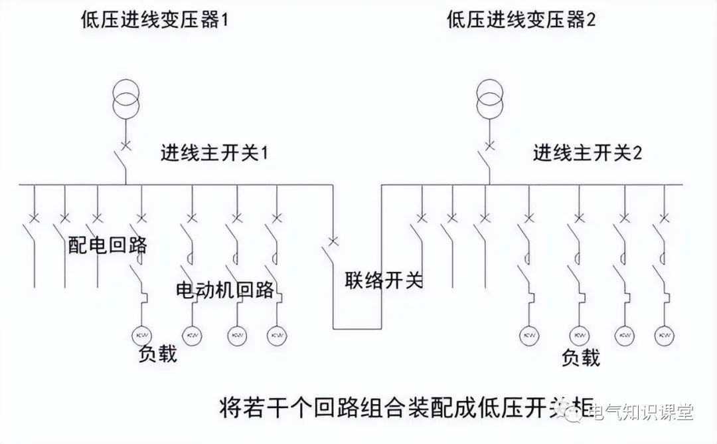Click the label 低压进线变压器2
tap(522, 21)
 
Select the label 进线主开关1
tap(213, 154)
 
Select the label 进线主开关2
tap(588, 154)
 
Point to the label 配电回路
tap(108, 245)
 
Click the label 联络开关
tap(384, 280)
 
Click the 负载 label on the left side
tap(158, 354)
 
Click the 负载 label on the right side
tap(581, 358)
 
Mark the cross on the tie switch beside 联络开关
tap(333, 241)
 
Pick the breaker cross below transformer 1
tap(124, 144)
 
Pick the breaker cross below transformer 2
tap(489, 144)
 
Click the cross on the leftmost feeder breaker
tap(33, 217)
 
